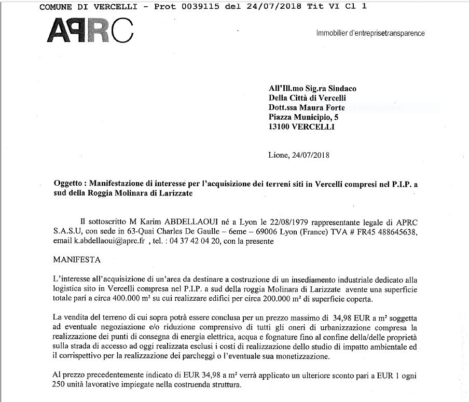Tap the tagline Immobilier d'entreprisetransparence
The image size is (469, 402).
[x=370, y=33]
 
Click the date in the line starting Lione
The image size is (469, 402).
[x=310, y=154]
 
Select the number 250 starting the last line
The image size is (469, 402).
[x=60, y=386]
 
